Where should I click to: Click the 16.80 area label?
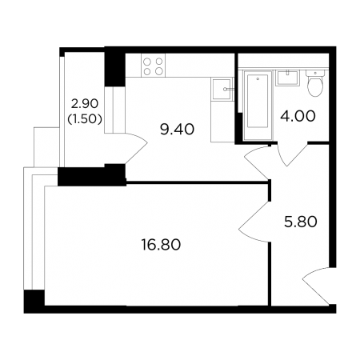pyautogui.click(x=161, y=245)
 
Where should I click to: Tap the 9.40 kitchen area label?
pyautogui.click(x=177, y=130)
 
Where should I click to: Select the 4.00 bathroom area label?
pyautogui.click(x=298, y=116)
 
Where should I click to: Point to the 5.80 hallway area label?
pyautogui.click(x=301, y=222)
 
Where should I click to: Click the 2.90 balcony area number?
pyautogui.click(x=85, y=103)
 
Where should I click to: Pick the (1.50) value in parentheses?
pyautogui.click(x=85, y=120)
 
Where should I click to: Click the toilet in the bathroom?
pyautogui.click(x=315, y=82)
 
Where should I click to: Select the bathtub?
pyautogui.click(x=258, y=105)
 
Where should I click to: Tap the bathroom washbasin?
pyautogui.click(x=287, y=78)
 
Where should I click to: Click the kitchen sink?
pyautogui.click(x=222, y=89)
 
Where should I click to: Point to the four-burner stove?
pyautogui.click(x=154, y=66)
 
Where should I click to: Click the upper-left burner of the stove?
pyautogui.click(x=147, y=62)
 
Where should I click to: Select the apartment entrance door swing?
pyautogui.click(x=318, y=286)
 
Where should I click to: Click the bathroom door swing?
pyautogui.click(x=290, y=154)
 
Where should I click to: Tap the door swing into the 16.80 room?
pyautogui.click(x=254, y=222)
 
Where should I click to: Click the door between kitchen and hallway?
pyautogui.click(x=255, y=162)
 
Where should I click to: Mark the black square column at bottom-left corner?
pyautogui.click(x=34, y=302)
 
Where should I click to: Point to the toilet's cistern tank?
pyautogui.click(x=315, y=73)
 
